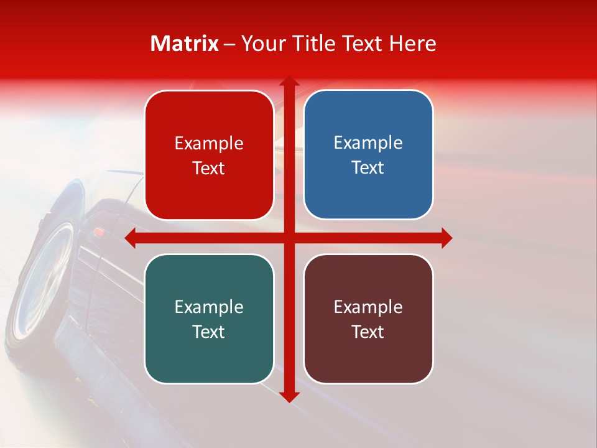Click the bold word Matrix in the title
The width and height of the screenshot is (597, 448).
pyautogui.click(x=185, y=44)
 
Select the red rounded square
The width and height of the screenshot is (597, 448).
pyautogui.click(x=209, y=155)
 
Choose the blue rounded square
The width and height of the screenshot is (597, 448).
pyautogui.click(x=368, y=155)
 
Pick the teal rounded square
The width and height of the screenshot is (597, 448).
pyautogui.click(x=209, y=319)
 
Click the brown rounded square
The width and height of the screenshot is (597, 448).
pyautogui.click(x=368, y=319)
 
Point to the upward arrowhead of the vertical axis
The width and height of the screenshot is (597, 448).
pyautogui.click(x=289, y=82)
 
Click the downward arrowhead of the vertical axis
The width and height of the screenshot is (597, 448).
pyautogui.click(x=289, y=396)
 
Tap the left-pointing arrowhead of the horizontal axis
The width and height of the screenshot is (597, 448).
pyautogui.click(x=131, y=238)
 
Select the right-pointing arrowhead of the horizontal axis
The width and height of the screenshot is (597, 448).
pyautogui.click(x=446, y=238)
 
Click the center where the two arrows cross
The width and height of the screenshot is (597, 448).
pyautogui.click(x=289, y=238)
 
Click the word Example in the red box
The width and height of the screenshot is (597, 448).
pyautogui.click(x=209, y=143)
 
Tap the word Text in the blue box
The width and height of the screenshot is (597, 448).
pyautogui.click(x=368, y=168)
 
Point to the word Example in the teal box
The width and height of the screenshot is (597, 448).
pyautogui.click(x=209, y=307)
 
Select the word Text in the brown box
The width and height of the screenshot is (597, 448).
pyautogui.click(x=368, y=332)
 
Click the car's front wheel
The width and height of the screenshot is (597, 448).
pyautogui.click(x=44, y=280)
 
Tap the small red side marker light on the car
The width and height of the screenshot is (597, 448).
pyautogui.click(x=99, y=232)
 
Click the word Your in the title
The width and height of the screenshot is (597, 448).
pyautogui.click(x=261, y=44)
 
